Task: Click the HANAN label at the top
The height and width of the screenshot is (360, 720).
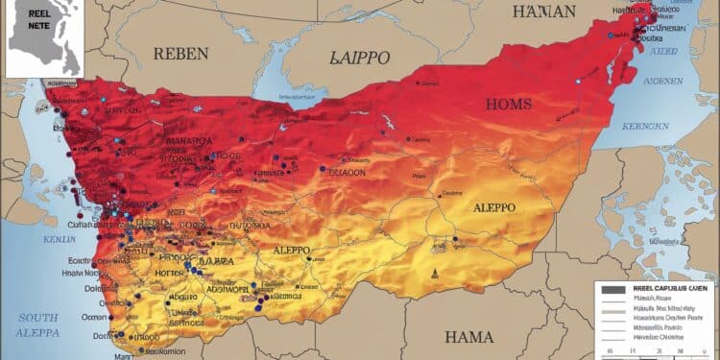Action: (x=544, y=12)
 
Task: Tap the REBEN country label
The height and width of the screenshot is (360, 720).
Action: (x=180, y=53)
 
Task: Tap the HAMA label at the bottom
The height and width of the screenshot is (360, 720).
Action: (x=469, y=336)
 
